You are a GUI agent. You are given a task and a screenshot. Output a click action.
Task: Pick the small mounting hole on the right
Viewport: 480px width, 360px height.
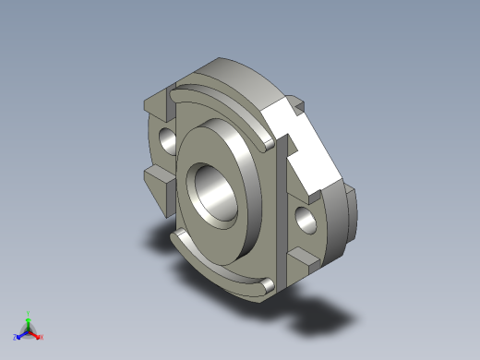point(305,220)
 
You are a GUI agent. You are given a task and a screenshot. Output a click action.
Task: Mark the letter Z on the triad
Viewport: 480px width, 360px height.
point(15,338)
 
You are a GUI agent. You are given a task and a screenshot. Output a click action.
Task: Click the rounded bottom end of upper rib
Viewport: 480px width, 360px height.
point(267,141)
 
